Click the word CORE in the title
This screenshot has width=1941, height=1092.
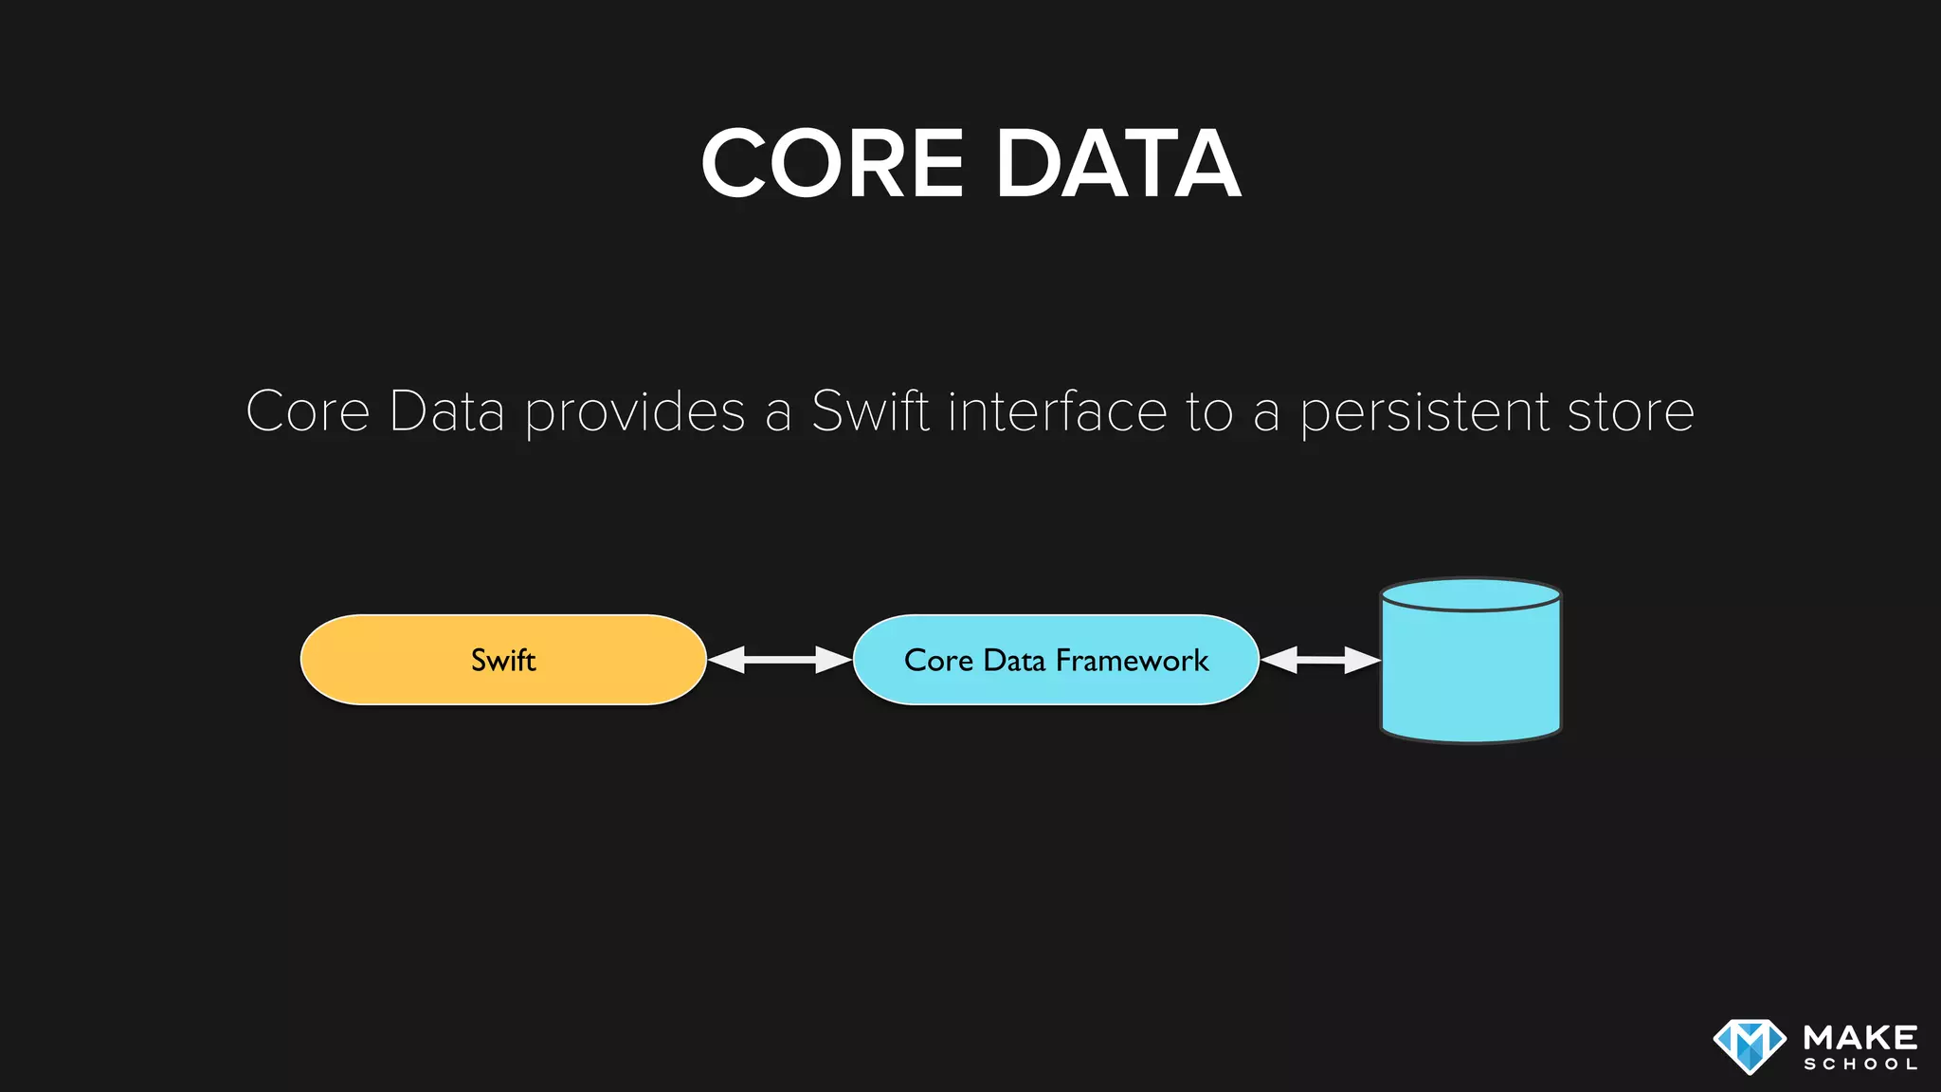click(x=832, y=164)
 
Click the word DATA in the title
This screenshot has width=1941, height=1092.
click(x=1117, y=164)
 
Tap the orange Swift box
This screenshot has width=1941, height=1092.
click(x=503, y=660)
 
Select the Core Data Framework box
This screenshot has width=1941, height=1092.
click(x=1056, y=660)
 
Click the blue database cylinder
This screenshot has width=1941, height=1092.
click(x=1470, y=673)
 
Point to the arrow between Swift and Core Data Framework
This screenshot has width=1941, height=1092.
click(x=779, y=660)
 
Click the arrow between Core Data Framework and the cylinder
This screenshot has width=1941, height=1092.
click(x=1320, y=660)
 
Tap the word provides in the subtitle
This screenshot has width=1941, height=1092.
click(x=635, y=412)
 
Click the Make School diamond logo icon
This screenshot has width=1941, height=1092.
click(x=1750, y=1046)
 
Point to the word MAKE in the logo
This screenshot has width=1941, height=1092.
click(x=1860, y=1037)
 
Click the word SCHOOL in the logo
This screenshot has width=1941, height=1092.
click(x=1860, y=1065)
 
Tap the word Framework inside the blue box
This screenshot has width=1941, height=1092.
click(x=1132, y=660)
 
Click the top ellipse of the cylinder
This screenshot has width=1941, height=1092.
click(x=1470, y=595)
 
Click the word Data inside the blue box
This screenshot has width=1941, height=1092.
click(x=1014, y=660)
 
